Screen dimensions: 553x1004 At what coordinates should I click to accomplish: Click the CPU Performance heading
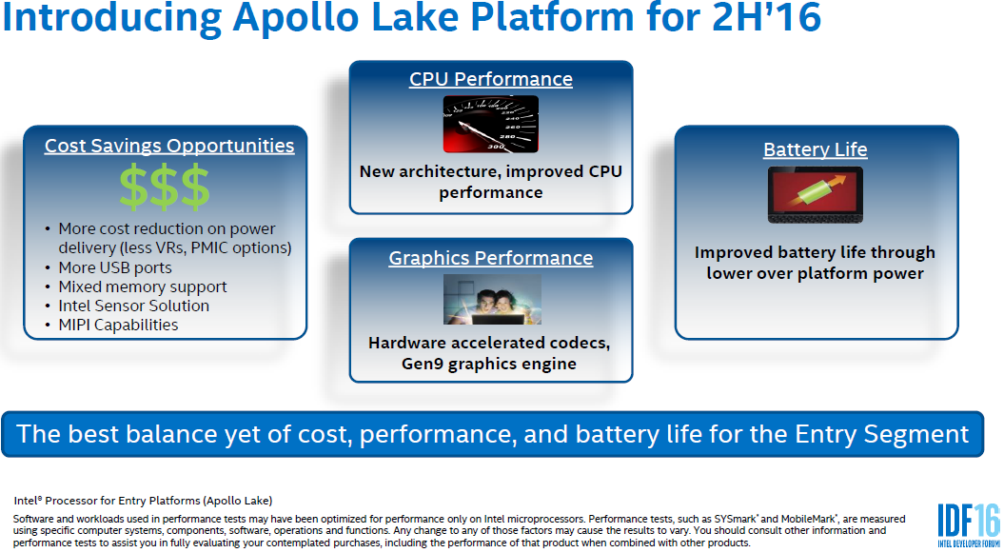point(491,79)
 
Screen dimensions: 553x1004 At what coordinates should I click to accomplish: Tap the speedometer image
point(490,124)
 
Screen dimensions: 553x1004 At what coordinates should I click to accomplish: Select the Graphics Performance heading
point(491,258)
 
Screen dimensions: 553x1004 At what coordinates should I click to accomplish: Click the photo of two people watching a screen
point(492,299)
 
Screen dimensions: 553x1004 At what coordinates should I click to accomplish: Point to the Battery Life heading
point(816,150)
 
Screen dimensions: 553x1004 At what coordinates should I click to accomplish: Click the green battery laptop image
point(816,195)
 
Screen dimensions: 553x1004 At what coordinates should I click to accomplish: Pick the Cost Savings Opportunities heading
point(169,146)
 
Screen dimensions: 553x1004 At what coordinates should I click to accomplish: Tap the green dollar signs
point(165,187)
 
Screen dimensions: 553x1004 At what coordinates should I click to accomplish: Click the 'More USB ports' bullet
point(115,267)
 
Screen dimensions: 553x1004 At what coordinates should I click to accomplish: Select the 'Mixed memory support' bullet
point(143,286)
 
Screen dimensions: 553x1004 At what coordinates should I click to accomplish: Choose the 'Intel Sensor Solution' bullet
point(133,306)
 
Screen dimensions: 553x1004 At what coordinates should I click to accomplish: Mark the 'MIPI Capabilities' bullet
point(118,325)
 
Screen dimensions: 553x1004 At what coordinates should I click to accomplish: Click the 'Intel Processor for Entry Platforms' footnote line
point(143,500)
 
